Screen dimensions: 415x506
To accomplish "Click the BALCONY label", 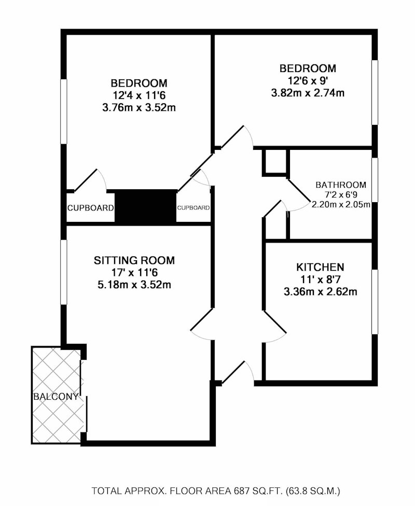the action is [56, 397].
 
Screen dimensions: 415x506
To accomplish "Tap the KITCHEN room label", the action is [320, 267].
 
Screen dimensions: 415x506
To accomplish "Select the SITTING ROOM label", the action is [134, 260].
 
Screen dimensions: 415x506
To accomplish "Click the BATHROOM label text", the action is [341, 185].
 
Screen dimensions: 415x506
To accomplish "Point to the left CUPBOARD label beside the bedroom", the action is [90, 208].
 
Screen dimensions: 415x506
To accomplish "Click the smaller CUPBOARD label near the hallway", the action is [193, 208].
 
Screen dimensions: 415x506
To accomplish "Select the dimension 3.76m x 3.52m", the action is [139, 107].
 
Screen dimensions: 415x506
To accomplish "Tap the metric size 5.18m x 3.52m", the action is [134, 285].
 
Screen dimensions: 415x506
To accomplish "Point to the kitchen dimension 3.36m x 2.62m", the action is [320, 292].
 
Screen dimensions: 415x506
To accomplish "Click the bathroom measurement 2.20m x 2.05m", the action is [341, 204].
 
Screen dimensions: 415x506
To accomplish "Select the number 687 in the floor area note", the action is [241, 491].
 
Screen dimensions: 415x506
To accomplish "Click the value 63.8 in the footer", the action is [299, 491].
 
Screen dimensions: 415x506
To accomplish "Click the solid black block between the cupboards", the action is [146, 207].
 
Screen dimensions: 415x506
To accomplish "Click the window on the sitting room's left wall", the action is [64, 272].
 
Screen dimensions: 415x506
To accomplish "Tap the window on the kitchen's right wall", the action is [375, 302].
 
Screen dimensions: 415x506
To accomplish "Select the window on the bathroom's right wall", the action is [375, 180].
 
